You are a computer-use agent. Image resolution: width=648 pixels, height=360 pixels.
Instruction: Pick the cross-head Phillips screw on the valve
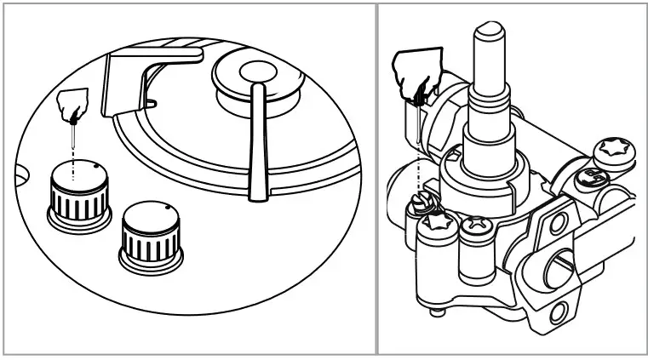(473, 226)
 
